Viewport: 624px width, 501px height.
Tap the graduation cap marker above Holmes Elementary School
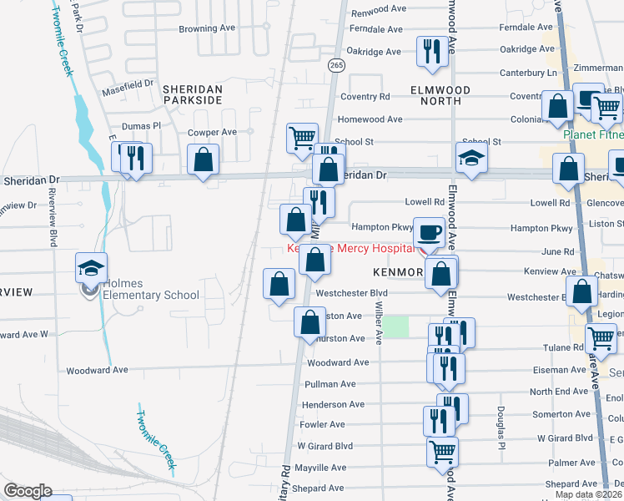tap(92, 267)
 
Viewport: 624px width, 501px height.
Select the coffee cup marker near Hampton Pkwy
tap(429, 232)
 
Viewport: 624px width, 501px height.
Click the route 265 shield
tap(335, 65)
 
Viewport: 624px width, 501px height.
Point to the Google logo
tap(28, 491)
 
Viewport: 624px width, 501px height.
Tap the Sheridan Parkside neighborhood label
tap(192, 94)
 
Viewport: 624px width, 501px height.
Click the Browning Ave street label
tap(208, 28)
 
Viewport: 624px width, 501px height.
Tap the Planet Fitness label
tap(592, 134)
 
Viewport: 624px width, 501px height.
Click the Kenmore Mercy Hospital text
tap(350, 249)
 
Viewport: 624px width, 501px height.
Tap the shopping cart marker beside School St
tap(302, 137)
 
